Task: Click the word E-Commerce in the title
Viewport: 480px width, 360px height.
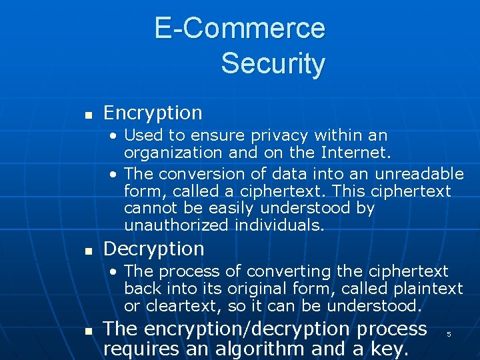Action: point(239,28)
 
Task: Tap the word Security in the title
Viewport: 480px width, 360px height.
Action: point(273,63)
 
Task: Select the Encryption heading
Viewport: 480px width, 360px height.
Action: point(153,113)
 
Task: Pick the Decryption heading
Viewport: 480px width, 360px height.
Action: point(154,249)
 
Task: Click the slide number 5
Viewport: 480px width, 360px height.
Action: point(449,334)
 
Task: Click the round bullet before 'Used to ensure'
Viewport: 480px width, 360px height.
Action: point(115,136)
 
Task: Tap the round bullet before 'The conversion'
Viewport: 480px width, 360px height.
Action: point(115,175)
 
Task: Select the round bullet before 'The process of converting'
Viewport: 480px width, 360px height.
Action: point(115,272)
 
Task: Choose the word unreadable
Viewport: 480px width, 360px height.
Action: point(419,174)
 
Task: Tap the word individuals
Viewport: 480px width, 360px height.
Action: point(279,225)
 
